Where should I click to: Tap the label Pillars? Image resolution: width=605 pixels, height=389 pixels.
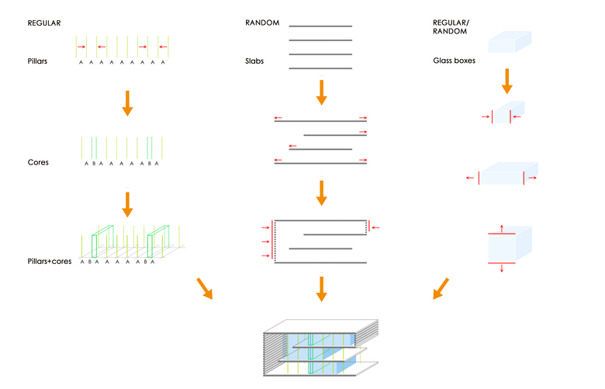click(x=38, y=60)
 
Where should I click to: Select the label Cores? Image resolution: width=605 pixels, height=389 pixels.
click(x=37, y=162)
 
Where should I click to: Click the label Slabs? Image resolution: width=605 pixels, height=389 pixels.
click(x=254, y=60)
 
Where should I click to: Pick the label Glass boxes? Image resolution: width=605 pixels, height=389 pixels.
click(x=455, y=60)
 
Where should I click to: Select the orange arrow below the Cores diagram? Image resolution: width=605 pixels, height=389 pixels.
click(x=128, y=204)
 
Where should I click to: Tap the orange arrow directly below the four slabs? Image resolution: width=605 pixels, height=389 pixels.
click(x=321, y=92)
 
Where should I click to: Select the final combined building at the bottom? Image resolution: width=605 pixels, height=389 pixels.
click(x=320, y=346)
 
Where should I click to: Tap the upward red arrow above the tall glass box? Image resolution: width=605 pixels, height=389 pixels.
click(x=502, y=227)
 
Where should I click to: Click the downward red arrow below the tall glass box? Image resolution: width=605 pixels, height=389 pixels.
click(x=502, y=269)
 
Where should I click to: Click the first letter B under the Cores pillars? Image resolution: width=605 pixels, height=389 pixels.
click(x=94, y=164)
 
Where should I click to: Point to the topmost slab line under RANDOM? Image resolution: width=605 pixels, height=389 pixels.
click(x=320, y=26)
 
